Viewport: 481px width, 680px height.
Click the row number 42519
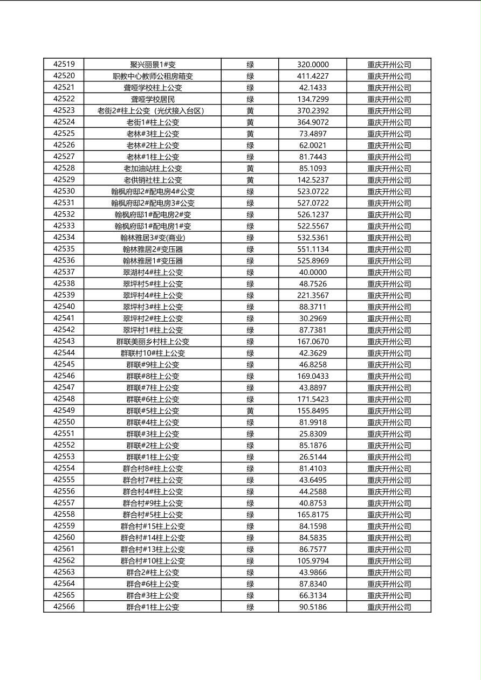tap(64, 64)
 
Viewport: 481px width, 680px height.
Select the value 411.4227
tap(313, 76)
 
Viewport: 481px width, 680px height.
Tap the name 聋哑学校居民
tap(153, 99)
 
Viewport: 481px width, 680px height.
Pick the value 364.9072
tap(313, 122)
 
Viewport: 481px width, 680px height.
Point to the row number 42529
tap(64, 179)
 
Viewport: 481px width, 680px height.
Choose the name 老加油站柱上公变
tap(153, 168)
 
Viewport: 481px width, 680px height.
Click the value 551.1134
tap(313, 249)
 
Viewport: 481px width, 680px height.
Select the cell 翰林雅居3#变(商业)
tap(153, 238)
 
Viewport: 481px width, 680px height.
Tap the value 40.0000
tap(313, 272)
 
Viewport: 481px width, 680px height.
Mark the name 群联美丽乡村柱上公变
tap(153, 341)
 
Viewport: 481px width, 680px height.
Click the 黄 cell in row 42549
tap(250, 411)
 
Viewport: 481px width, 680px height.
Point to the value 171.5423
tap(313, 399)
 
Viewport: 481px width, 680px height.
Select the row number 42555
tap(64, 480)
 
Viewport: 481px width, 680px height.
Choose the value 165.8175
tap(313, 515)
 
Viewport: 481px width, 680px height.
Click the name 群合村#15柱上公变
tap(153, 526)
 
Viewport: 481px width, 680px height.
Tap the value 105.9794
tap(313, 560)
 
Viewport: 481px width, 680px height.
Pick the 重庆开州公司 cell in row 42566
tap(389, 607)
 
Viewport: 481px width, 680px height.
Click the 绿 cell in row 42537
tap(250, 272)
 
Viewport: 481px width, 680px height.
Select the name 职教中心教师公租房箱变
tap(153, 76)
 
